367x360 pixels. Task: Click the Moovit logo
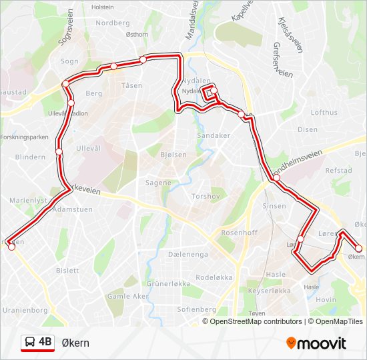(x=316, y=343)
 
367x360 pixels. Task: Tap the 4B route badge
(x=37, y=342)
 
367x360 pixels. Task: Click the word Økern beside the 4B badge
(x=75, y=343)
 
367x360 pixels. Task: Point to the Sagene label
(x=159, y=183)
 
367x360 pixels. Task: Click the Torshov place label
(x=202, y=197)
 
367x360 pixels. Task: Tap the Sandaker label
(x=213, y=135)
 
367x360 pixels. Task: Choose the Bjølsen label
(x=173, y=155)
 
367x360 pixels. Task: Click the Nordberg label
(x=112, y=23)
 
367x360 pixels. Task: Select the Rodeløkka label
(x=213, y=277)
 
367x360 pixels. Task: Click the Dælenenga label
(x=188, y=254)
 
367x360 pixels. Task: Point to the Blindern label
(x=29, y=157)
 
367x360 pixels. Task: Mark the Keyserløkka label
(x=269, y=291)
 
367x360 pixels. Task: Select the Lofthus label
(x=324, y=113)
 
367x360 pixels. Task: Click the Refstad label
(x=338, y=171)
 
